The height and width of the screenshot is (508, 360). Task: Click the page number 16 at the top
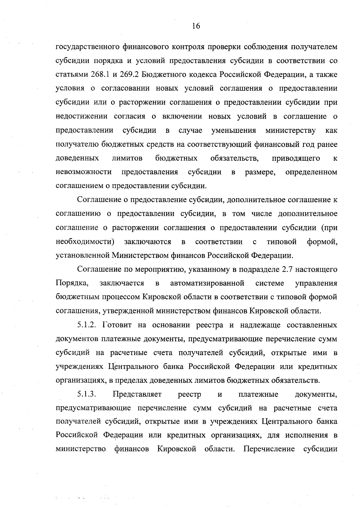tap(196, 26)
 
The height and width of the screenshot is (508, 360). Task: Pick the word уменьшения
tap(233, 130)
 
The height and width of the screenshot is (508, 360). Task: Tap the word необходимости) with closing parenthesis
tap(85, 242)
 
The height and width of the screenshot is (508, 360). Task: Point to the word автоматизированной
tap(207, 283)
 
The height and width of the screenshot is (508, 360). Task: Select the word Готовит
tap(117, 325)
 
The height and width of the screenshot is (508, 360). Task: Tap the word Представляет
tap(137, 394)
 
